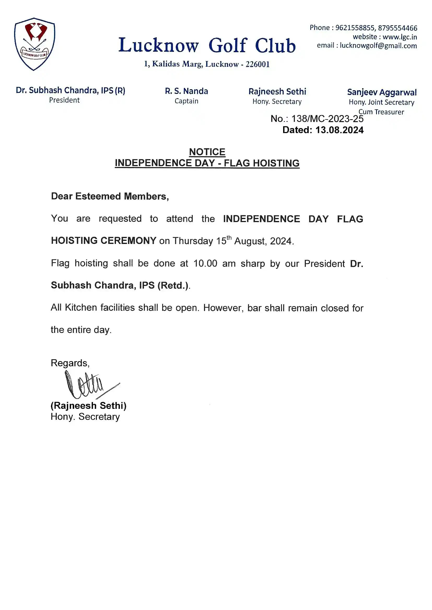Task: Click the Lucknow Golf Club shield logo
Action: point(34,44)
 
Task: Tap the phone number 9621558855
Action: point(355,28)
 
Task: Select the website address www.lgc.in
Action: point(400,37)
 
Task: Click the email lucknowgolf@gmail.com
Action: point(378,46)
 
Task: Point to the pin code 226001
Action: point(258,64)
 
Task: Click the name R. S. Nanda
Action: point(186,91)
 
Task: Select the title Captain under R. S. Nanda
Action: point(186,101)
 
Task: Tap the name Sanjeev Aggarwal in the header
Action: point(382,92)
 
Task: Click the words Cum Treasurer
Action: point(381,112)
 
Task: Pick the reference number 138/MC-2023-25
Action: point(328,119)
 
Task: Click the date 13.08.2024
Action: point(340,130)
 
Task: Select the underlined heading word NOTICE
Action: point(207,152)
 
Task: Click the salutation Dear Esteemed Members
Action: point(110,196)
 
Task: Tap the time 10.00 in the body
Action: point(205,263)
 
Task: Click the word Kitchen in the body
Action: point(81,307)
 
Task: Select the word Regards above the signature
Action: point(70,363)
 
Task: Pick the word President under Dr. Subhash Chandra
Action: point(64,100)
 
